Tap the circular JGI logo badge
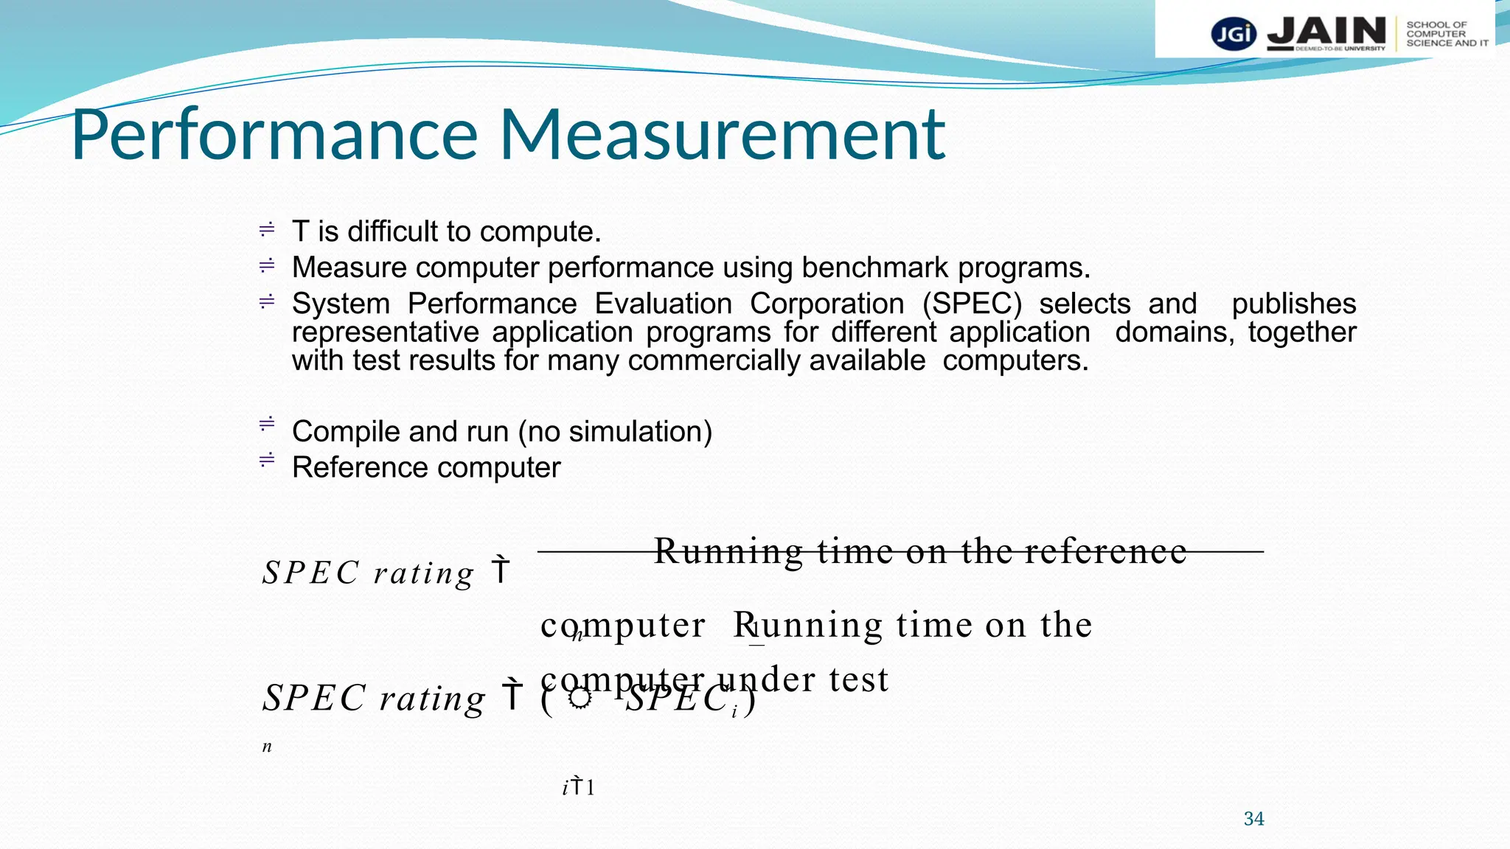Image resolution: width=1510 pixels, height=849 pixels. coord(1234,34)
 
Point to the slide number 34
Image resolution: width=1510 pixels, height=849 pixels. coord(1253,819)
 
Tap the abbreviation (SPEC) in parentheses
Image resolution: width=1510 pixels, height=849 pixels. coord(972,304)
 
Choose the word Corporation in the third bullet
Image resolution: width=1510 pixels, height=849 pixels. coord(827,304)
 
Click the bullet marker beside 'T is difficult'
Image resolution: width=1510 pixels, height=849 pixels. coord(267,230)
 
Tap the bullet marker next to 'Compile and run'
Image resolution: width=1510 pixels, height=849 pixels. coord(267,424)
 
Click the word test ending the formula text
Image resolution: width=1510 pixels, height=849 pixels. coord(859,679)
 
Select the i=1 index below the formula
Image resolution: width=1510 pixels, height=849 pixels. coord(578,787)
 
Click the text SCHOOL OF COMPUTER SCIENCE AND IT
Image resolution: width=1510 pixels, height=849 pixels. coord(1446,34)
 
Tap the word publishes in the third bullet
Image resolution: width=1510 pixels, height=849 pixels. coord(1293,304)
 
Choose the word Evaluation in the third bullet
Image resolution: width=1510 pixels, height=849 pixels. coord(663,304)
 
